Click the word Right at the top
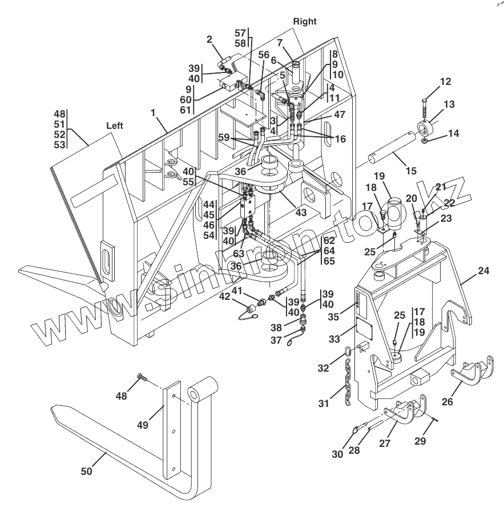(x=304, y=21)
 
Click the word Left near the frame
(x=116, y=124)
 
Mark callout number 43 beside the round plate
(x=301, y=212)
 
